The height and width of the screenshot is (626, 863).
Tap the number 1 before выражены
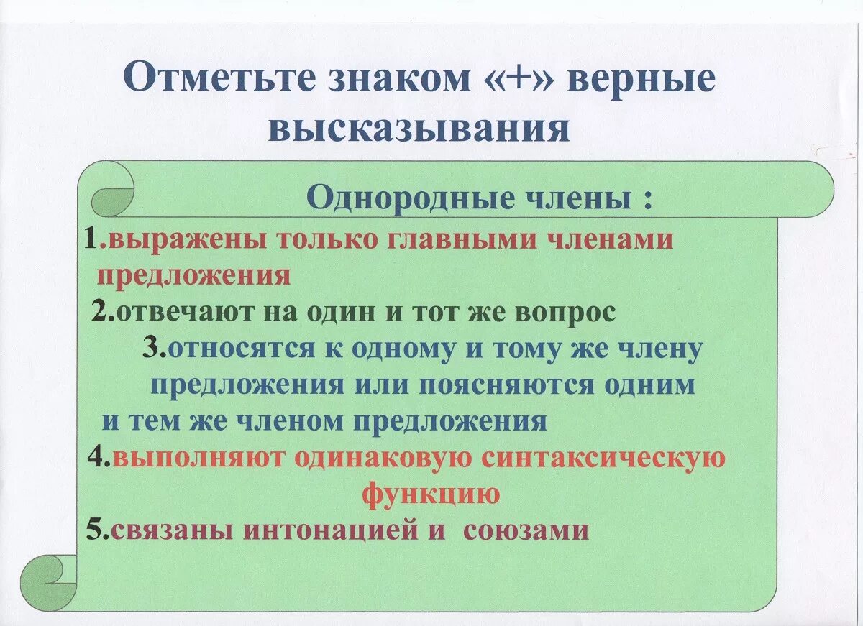(91, 239)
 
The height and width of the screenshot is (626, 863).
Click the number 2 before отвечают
(100, 313)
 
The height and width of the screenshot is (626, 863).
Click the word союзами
(526, 530)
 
